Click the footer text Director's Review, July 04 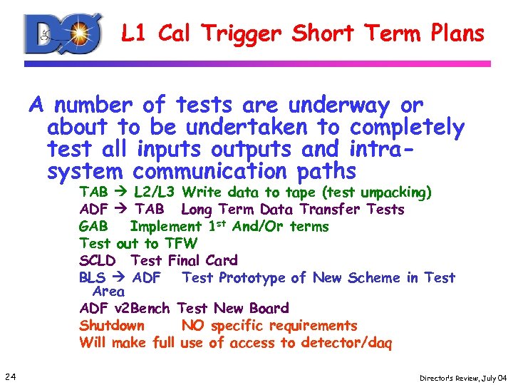[x=462, y=376]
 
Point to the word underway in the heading [x=339, y=106]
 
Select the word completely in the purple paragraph [x=407, y=128]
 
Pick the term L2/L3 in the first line [x=154, y=192]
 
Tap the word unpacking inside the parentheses [x=395, y=192]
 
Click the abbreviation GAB [x=93, y=227]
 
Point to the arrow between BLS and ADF [x=120, y=278]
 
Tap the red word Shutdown [x=112, y=326]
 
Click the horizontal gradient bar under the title [x=257, y=63]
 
